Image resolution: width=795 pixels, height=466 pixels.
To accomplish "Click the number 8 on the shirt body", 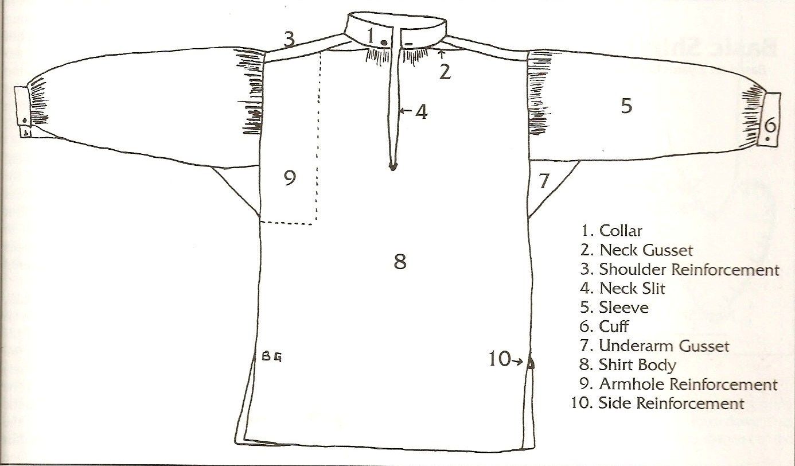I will point(400,262).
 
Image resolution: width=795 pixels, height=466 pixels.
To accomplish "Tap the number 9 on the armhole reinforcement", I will point(290,178).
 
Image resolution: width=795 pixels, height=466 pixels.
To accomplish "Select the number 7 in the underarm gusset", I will point(544,182).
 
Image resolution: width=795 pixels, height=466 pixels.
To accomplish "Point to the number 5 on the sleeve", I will point(626,106).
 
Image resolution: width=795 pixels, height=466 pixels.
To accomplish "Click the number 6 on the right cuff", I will point(770,124).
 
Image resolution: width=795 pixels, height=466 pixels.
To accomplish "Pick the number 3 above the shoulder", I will point(289,40).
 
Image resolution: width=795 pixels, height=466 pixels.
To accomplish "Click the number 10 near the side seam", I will point(499,359).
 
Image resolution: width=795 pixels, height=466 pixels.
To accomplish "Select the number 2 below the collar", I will point(445,72).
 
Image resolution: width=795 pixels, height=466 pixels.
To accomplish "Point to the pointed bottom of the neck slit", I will point(392,168).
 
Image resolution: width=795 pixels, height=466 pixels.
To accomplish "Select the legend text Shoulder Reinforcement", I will point(689,269).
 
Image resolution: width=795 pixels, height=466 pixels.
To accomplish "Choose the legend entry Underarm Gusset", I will point(664,346).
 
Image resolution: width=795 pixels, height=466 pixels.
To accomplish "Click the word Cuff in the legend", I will point(614,327).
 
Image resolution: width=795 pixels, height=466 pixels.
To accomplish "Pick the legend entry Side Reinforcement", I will point(671,403).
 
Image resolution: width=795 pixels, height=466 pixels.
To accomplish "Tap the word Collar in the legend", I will point(621,231).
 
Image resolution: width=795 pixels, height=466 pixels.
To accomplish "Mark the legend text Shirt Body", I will point(637,365).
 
